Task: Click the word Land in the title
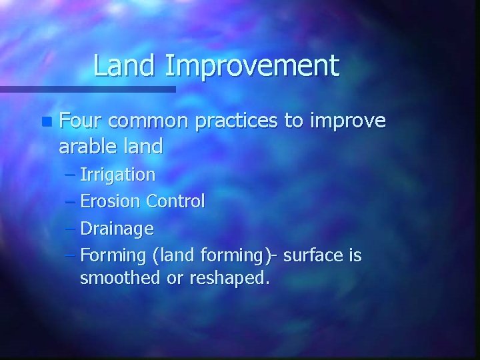pos(125,65)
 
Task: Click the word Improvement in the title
pos(251,67)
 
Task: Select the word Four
pos(80,121)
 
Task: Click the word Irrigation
pos(117,175)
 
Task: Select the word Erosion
pos(110,201)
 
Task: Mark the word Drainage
pos(117,229)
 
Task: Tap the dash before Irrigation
pos(71,175)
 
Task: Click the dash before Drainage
pos(71,229)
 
